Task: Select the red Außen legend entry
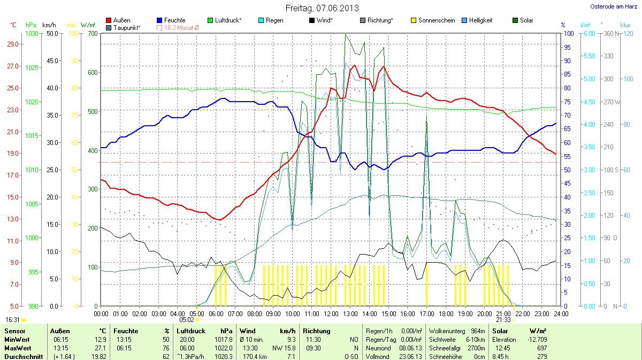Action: (x=118, y=20)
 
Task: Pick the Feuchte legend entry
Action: (x=171, y=20)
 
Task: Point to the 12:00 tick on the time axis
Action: (x=331, y=313)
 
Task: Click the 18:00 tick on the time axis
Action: (x=446, y=313)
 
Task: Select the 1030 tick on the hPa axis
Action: (x=32, y=33)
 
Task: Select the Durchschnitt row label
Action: (x=22, y=356)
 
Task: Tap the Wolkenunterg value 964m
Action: (x=478, y=331)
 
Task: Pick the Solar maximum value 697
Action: (x=541, y=348)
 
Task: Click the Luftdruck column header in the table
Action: (x=192, y=331)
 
